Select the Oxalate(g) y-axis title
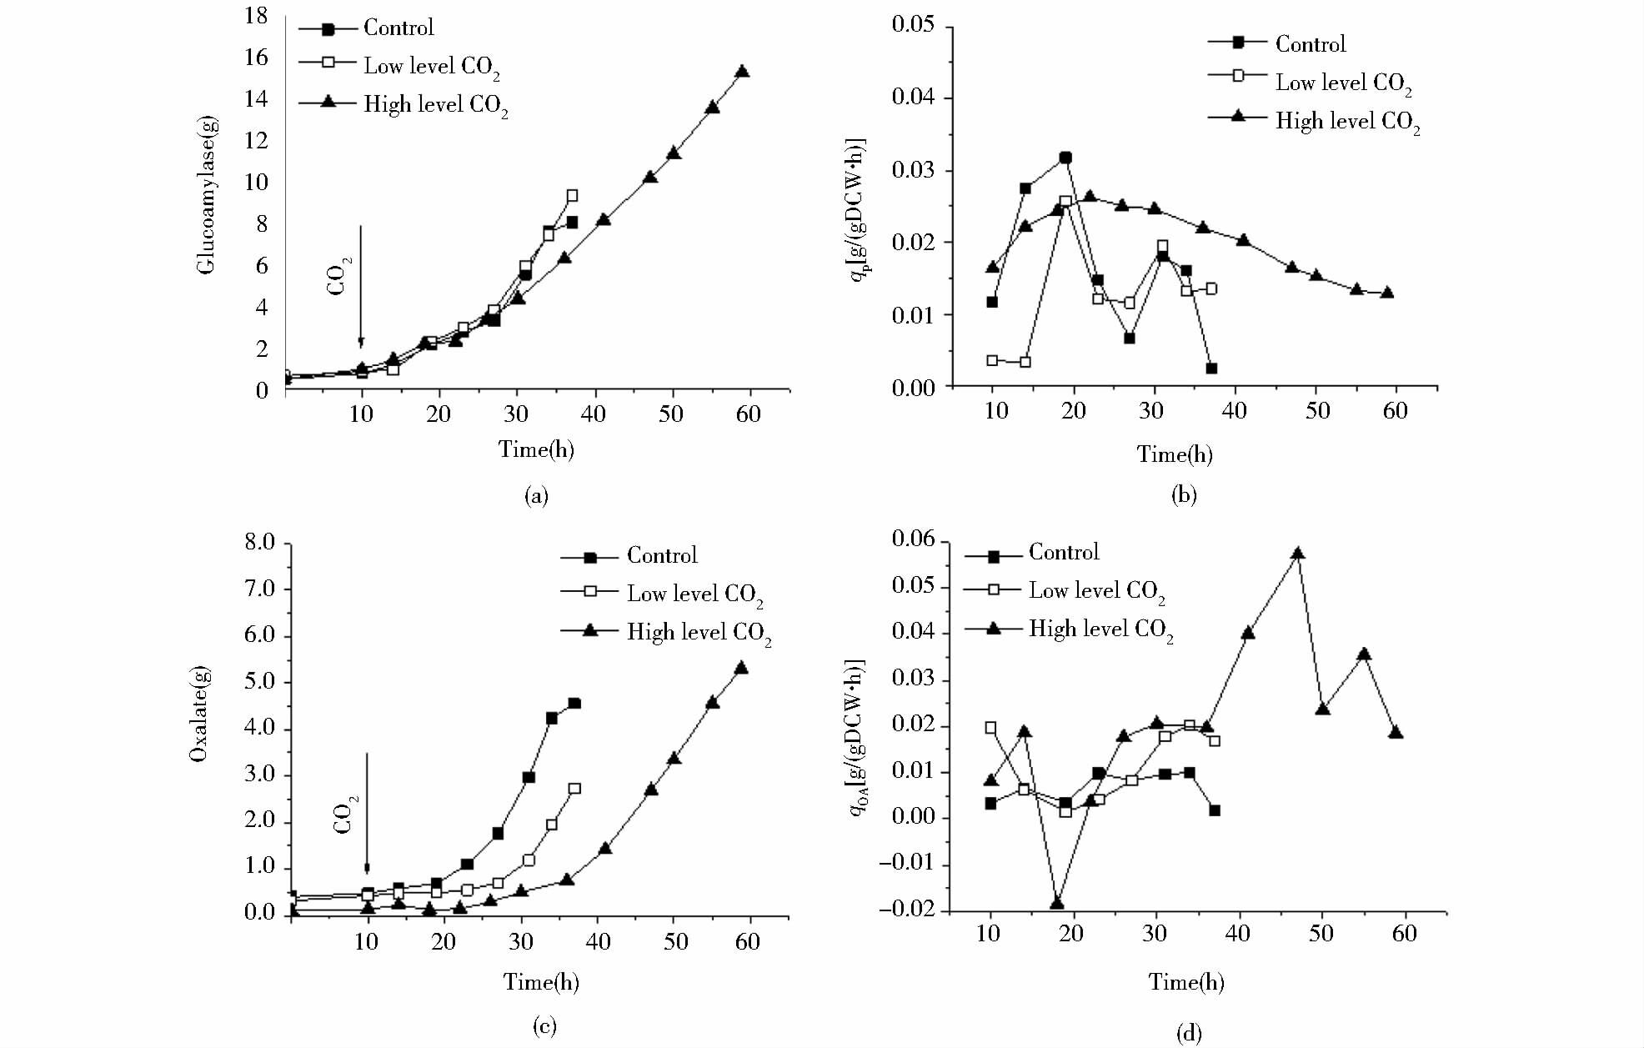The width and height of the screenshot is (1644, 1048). [198, 715]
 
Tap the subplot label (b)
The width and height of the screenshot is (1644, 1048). [1184, 495]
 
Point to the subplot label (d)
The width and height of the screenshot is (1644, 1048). [1188, 1034]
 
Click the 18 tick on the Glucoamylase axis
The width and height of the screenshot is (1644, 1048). [256, 16]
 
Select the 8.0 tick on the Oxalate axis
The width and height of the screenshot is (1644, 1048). [259, 543]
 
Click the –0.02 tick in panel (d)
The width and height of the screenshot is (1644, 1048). [906, 910]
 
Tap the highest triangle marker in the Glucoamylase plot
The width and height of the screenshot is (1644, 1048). [742, 72]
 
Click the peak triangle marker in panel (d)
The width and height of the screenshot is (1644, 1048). [1297, 554]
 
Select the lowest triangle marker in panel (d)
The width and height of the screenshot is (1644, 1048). [1057, 904]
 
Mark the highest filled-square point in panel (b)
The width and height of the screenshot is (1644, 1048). [1065, 158]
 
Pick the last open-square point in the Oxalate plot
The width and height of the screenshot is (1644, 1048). [574, 789]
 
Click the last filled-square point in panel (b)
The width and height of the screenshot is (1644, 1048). [1211, 369]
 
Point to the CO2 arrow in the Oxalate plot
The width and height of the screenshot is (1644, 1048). [367, 813]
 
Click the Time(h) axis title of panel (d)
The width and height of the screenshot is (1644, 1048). [1185, 982]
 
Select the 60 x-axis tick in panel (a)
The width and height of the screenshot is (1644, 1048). [748, 414]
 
